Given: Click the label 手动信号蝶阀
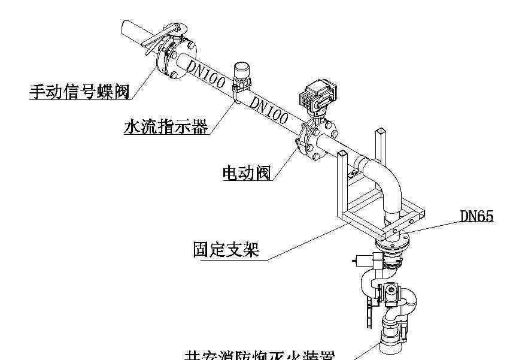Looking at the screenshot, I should point(80,92).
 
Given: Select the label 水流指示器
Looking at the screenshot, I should point(165,127).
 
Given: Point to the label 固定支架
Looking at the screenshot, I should point(226,249).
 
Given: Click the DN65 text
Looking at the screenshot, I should point(476,216).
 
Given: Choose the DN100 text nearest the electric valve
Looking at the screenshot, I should point(269,110).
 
